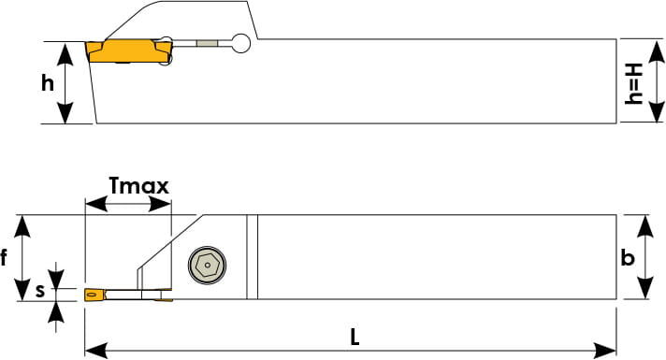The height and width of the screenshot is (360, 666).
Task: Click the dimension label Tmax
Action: point(138,185)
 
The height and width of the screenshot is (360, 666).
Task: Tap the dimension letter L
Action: point(355,338)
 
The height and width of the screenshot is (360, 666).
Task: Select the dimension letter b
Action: point(628,257)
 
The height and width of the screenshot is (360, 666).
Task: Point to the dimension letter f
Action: point(4,257)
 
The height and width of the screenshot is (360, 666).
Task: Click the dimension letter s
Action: point(39,291)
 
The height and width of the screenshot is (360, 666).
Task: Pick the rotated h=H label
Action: point(633,83)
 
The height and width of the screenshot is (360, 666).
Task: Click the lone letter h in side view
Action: point(48,82)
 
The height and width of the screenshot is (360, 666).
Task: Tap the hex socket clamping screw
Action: point(208,265)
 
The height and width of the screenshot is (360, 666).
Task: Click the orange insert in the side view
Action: point(128,50)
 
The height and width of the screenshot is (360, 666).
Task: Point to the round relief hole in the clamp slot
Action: point(241,43)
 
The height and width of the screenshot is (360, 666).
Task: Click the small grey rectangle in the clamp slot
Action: point(207,43)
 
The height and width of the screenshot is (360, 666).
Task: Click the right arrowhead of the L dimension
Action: point(605,351)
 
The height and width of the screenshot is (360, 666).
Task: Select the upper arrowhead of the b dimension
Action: point(645,226)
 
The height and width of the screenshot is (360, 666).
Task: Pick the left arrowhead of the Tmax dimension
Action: point(96,204)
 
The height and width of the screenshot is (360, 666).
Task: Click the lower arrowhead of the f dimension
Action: point(22,290)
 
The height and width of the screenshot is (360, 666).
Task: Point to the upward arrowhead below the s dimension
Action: point(56,312)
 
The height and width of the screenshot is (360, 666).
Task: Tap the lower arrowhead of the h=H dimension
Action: point(657,111)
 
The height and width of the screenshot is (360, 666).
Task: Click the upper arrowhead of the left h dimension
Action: point(65,53)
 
